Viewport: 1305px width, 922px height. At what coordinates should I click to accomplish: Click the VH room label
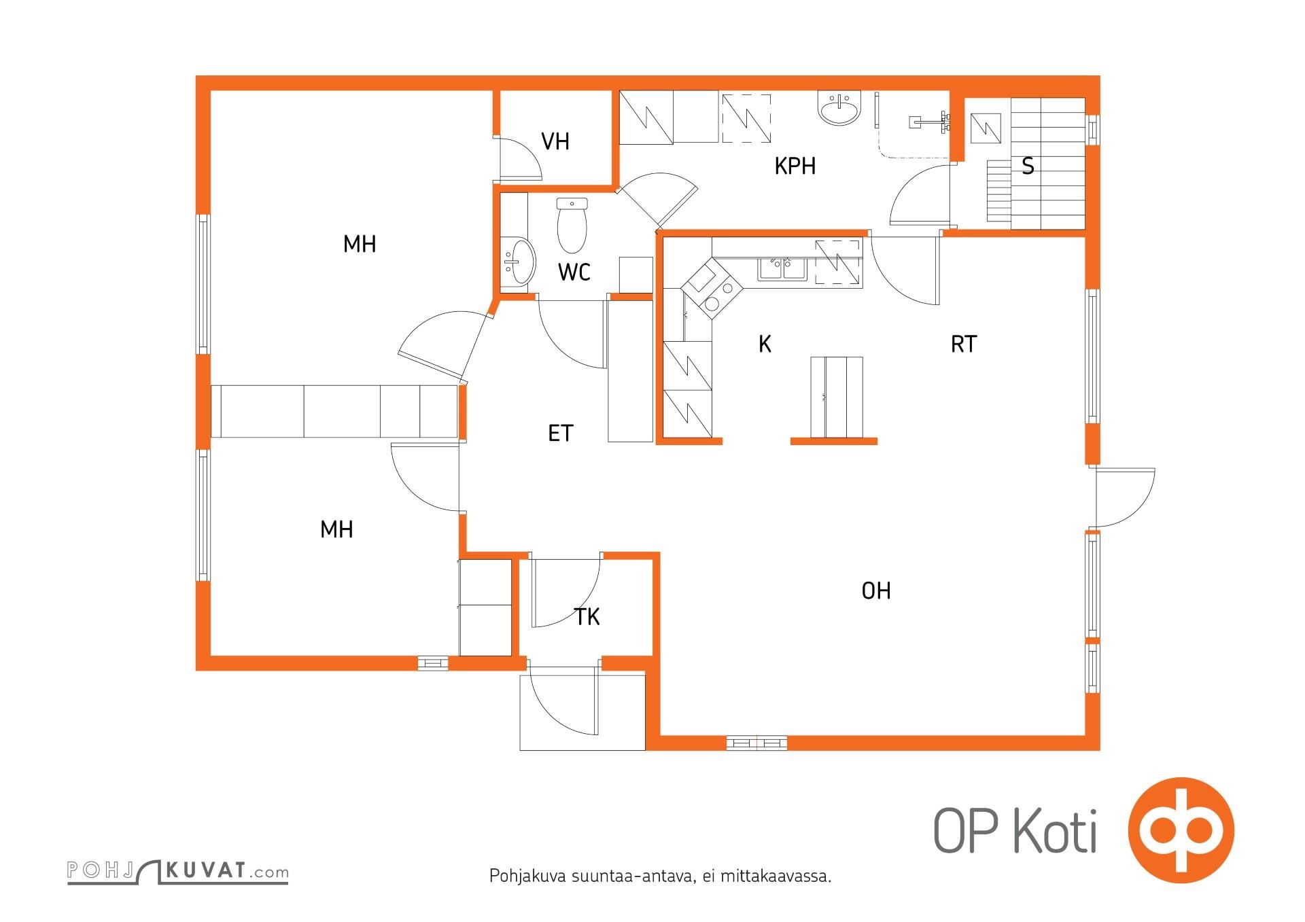pyautogui.click(x=555, y=141)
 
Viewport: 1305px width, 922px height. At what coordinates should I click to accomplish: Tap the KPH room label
pyautogui.click(x=795, y=166)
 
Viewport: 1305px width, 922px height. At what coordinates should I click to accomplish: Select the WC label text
pyautogui.click(x=574, y=272)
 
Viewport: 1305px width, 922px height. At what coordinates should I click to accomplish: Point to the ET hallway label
pyautogui.click(x=561, y=433)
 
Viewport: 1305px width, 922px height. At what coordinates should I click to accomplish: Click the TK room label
pyautogui.click(x=587, y=617)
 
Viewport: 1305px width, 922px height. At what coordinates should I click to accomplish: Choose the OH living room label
pyautogui.click(x=876, y=591)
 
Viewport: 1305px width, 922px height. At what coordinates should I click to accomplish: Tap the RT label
pyautogui.click(x=963, y=344)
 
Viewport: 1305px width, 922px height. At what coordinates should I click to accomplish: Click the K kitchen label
pyautogui.click(x=765, y=344)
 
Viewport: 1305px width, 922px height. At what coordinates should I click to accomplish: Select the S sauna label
pyautogui.click(x=1028, y=166)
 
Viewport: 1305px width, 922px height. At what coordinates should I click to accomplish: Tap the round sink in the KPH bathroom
pyautogui.click(x=840, y=109)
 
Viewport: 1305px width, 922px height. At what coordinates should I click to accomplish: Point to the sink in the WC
pyautogui.click(x=520, y=261)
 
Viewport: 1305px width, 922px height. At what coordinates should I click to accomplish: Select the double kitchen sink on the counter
pyautogui.click(x=783, y=268)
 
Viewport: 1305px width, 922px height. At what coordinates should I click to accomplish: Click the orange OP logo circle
pyautogui.click(x=1181, y=830)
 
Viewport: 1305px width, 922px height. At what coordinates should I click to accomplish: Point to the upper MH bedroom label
pyautogui.click(x=360, y=244)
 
